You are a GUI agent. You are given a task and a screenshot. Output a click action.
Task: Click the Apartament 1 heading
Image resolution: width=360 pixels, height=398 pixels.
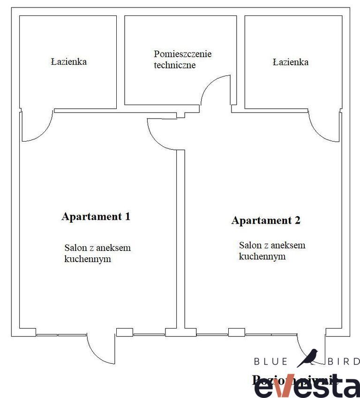(96, 217)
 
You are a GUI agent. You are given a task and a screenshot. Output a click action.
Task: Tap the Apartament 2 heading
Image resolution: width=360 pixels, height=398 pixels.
(265, 220)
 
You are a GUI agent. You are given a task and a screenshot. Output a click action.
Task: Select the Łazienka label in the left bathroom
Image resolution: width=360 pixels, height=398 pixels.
(69, 61)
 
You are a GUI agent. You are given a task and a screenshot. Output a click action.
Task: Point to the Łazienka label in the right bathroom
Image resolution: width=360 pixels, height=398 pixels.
(291, 61)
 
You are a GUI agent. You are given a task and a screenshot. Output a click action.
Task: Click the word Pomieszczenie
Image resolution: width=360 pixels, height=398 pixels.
(183, 54)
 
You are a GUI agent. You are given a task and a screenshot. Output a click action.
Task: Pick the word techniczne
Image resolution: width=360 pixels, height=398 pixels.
(175, 65)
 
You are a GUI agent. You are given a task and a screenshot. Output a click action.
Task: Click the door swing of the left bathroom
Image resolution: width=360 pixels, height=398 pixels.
(37, 129)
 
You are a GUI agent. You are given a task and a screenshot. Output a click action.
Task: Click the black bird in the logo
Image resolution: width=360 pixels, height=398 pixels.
(308, 358)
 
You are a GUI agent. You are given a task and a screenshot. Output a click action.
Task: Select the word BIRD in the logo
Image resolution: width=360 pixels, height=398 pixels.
(344, 361)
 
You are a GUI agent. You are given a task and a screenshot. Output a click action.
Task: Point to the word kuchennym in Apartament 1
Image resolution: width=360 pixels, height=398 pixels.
(88, 259)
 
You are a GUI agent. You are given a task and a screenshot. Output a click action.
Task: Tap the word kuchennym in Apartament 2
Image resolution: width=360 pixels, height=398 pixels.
(262, 256)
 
